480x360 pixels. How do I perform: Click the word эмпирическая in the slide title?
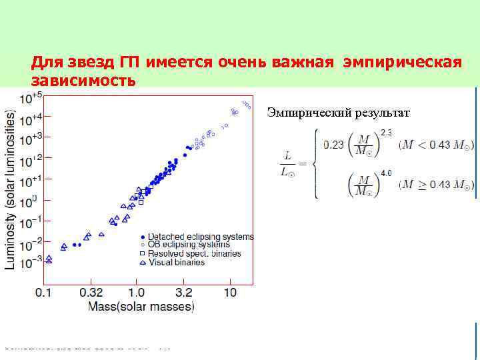(x=402, y=63)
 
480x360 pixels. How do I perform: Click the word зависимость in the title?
(x=84, y=81)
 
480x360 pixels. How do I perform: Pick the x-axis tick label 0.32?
(x=91, y=293)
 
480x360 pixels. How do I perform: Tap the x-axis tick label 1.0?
(x=136, y=293)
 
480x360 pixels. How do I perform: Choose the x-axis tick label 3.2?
(x=184, y=293)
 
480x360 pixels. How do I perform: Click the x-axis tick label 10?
(x=230, y=293)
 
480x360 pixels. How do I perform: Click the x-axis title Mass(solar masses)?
(x=141, y=307)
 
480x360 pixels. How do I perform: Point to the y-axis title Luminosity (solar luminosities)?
(x=11, y=189)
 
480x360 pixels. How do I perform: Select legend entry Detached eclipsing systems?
(x=200, y=237)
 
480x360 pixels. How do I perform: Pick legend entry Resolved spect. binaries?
(x=194, y=254)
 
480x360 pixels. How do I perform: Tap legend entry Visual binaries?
(x=176, y=263)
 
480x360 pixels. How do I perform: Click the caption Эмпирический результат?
(x=339, y=112)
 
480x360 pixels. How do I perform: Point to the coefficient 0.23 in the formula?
(x=335, y=143)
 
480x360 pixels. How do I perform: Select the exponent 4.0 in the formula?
(x=386, y=173)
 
